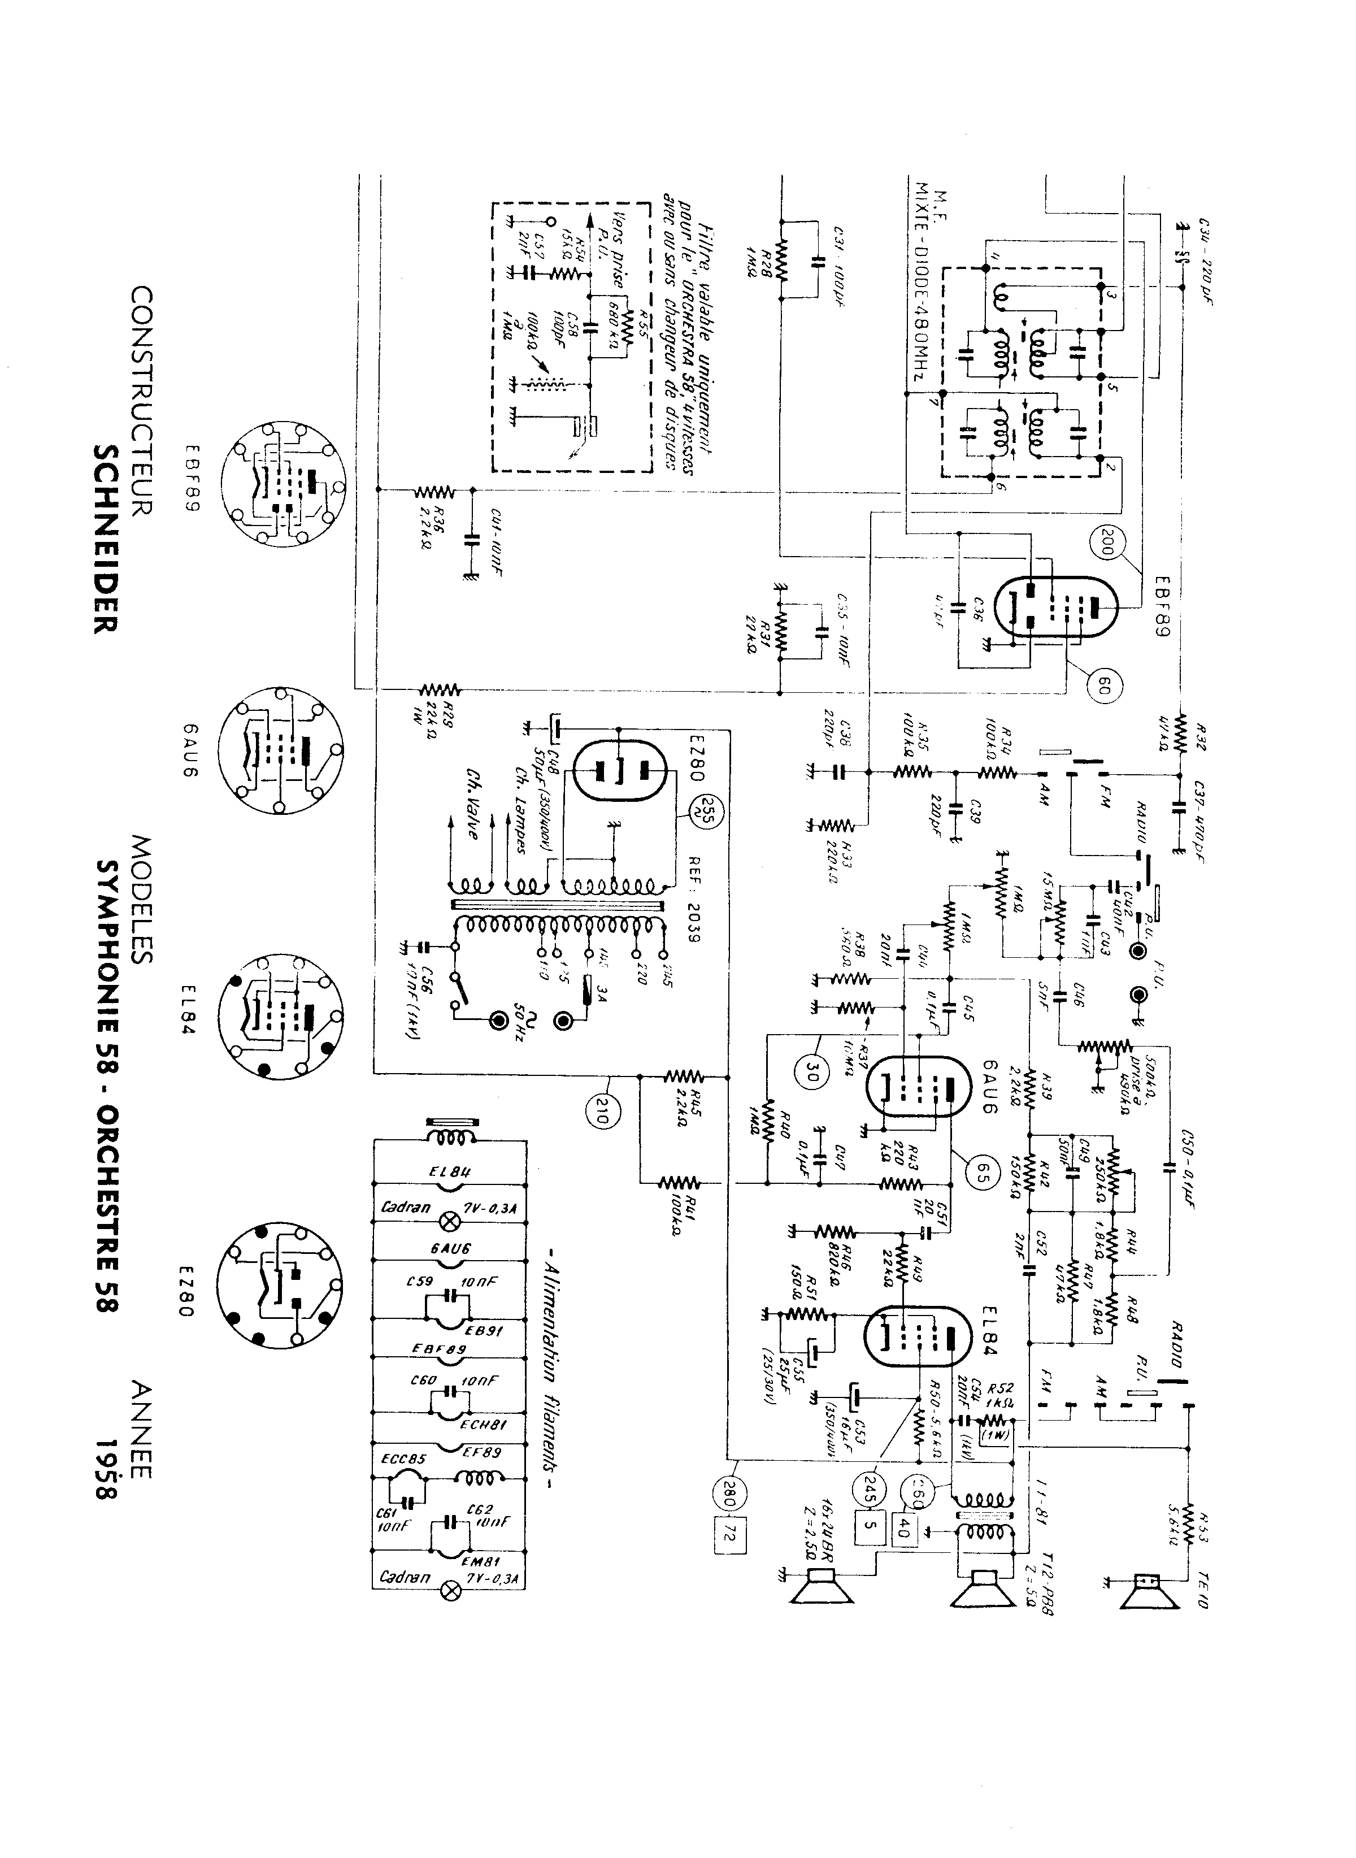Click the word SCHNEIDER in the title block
click(x=107, y=538)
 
